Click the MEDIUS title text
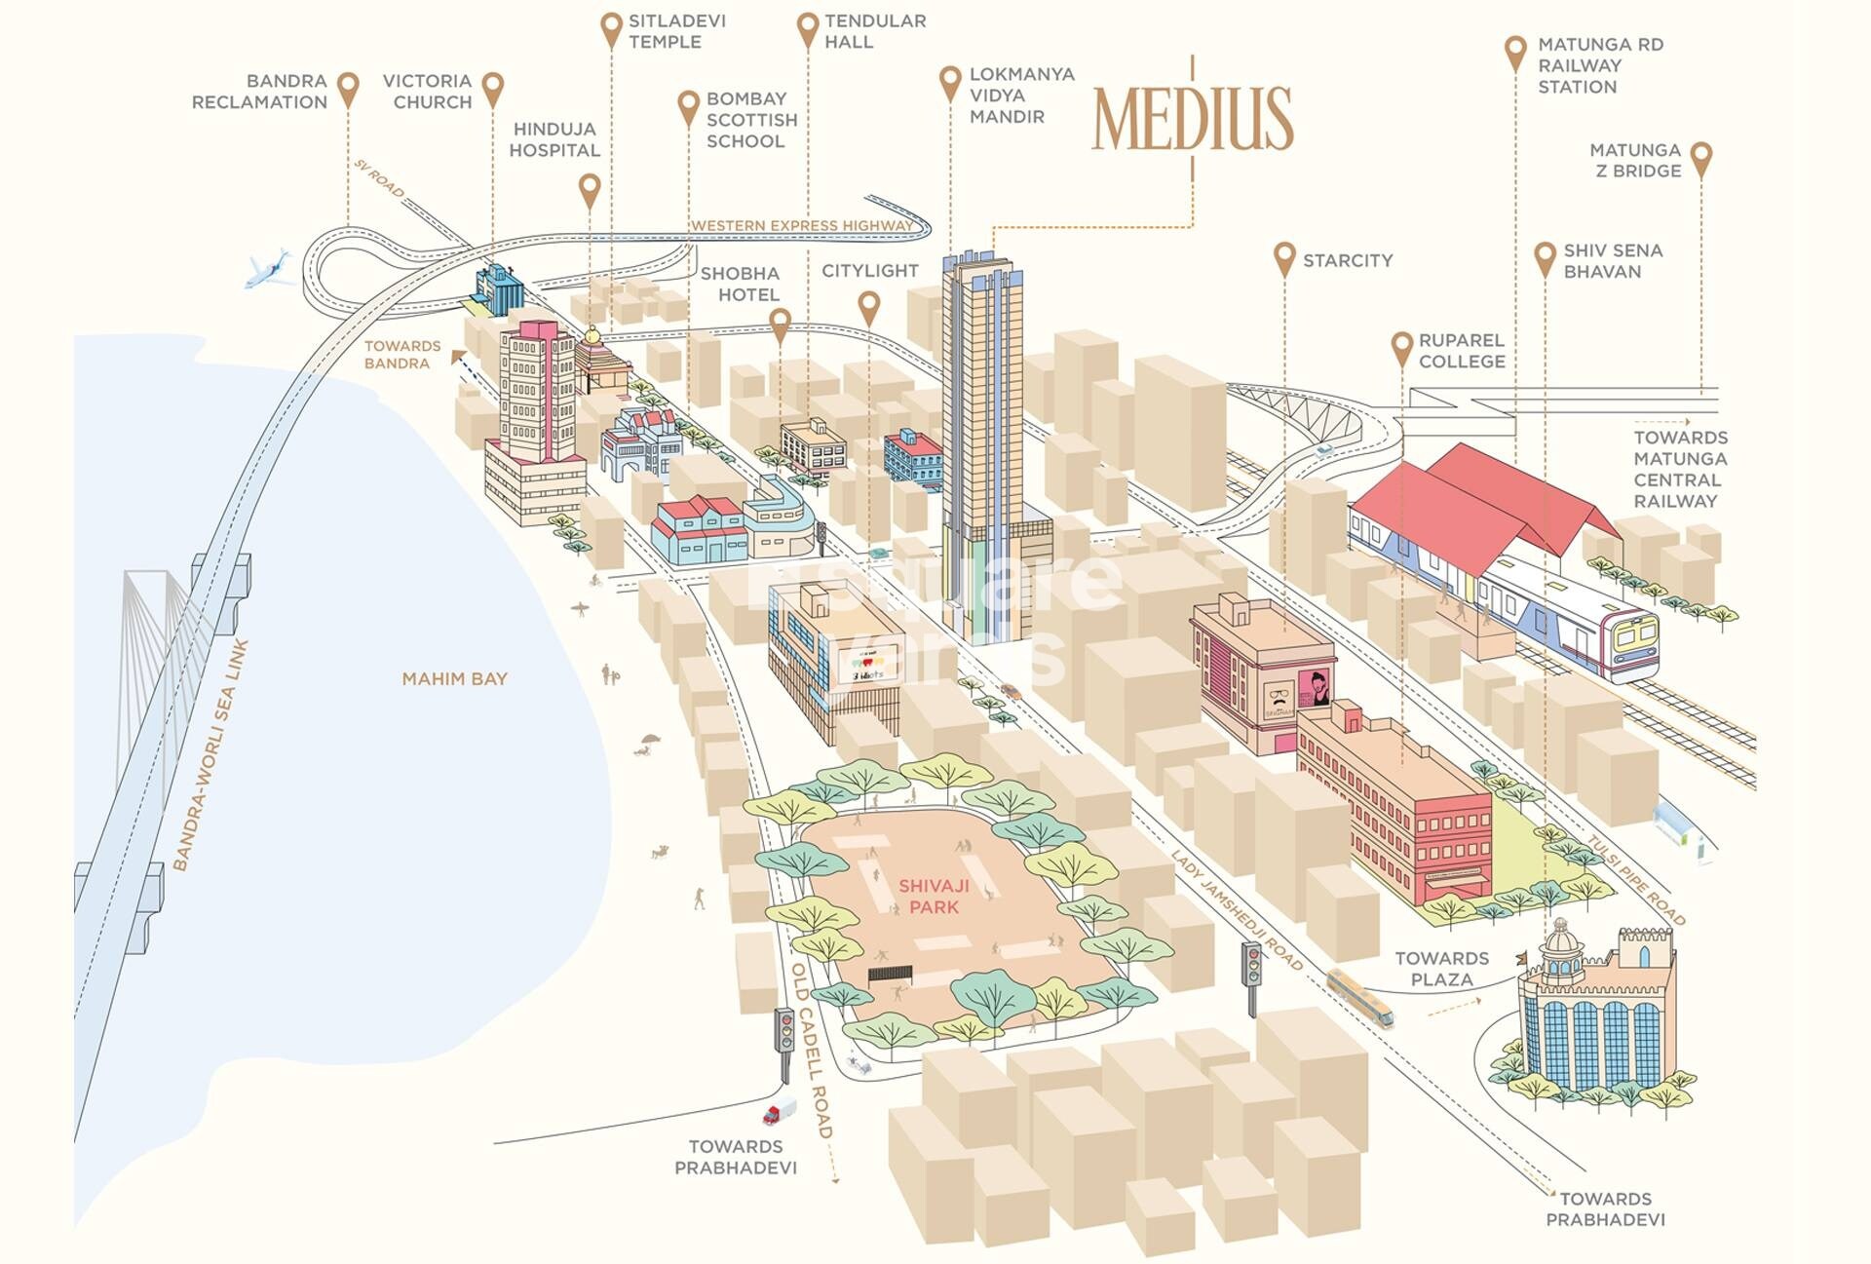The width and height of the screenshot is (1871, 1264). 1192,119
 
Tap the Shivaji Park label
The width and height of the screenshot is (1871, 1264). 934,897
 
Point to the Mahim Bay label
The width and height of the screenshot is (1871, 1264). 454,679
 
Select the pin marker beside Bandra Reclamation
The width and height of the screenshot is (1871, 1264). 348,89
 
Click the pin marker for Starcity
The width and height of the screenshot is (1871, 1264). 1284,258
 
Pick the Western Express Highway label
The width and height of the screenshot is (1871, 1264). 802,226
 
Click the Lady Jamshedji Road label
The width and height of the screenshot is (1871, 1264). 1236,910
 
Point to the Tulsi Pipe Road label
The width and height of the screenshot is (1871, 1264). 1635,880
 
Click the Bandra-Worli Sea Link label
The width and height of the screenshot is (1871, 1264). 210,755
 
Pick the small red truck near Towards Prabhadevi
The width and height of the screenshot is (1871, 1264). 780,1111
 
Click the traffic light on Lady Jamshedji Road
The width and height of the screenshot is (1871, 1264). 1251,965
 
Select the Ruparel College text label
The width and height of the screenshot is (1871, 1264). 1461,351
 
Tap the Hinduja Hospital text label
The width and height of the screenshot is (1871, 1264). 554,139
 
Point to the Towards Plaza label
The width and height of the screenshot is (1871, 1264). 1441,969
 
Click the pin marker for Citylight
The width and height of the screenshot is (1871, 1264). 868,307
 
